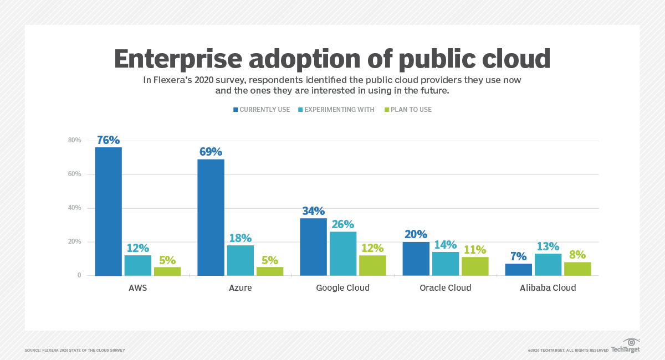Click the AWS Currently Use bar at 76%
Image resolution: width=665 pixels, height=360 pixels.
(x=108, y=211)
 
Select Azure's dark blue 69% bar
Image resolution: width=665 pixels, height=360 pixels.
(x=211, y=217)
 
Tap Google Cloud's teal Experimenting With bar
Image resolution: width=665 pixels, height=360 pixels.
(x=342, y=253)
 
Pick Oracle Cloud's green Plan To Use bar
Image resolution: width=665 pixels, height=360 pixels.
(x=475, y=266)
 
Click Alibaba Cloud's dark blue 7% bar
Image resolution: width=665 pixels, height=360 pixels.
(x=518, y=269)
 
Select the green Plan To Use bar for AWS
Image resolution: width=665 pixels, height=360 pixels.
(x=167, y=271)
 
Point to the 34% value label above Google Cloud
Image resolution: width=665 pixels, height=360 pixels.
(x=313, y=210)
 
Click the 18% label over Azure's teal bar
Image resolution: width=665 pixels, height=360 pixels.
(x=241, y=238)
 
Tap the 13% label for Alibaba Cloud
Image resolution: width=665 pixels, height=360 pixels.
(x=548, y=246)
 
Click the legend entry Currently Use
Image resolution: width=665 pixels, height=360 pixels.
(x=261, y=110)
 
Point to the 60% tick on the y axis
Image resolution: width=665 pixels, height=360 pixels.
(x=74, y=174)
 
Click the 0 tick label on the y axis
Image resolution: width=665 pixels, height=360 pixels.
(x=79, y=275)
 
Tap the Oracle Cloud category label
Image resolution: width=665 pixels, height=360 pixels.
(x=446, y=288)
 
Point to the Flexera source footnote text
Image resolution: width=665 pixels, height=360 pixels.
(x=75, y=350)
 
